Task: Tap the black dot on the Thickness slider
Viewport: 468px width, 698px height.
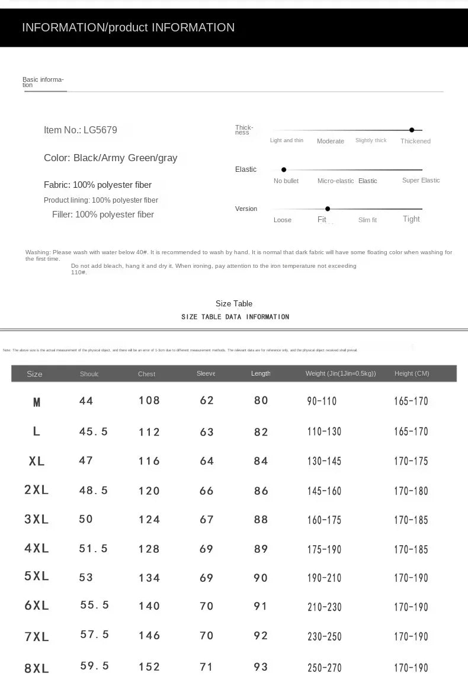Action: (x=412, y=130)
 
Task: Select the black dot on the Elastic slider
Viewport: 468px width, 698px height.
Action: (x=284, y=169)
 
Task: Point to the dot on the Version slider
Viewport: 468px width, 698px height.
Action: (x=328, y=209)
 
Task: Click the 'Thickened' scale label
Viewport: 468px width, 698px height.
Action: (x=415, y=141)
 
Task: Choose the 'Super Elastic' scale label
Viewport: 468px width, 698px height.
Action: (x=421, y=180)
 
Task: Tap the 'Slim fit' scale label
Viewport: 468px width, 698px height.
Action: (x=367, y=220)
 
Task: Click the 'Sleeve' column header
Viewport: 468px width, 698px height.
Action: (x=206, y=373)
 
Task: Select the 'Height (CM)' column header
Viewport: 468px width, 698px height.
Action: (x=412, y=373)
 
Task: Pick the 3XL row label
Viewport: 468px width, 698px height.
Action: (x=37, y=520)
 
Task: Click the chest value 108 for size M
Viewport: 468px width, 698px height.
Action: (x=149, y=401)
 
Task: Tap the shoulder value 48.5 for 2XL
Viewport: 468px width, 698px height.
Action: (x=94, y=491)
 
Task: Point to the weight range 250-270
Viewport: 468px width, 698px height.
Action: (x=325, y=668)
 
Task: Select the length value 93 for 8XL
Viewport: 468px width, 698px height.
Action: (x=261, y=667)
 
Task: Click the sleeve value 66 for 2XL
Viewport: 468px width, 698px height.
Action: (x=207, y=491)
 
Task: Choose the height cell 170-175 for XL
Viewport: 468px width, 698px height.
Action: (x=411, y=461)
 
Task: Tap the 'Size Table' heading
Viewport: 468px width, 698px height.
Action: (x=234, y=303)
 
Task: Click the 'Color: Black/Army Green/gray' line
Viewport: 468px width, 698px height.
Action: (x=111, y=158)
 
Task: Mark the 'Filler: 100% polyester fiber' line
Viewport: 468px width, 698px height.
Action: (x=103, y=214)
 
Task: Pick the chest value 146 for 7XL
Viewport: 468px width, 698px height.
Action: (x=149, y=636)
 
